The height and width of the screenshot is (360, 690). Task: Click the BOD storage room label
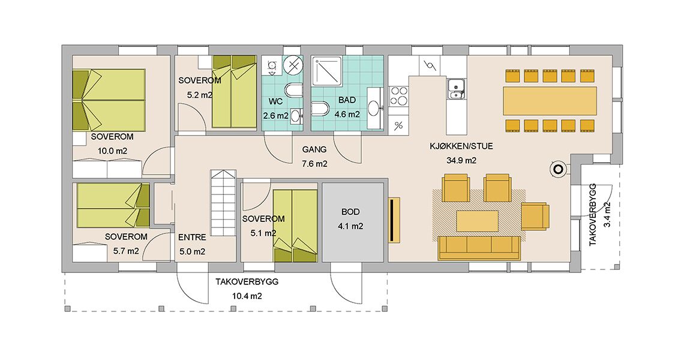click(x=350, y=212)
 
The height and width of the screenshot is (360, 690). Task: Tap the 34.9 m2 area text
click(x=461, y=161)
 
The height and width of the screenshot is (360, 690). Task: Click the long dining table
click(x=550, y=101)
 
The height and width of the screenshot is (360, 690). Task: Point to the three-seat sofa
click(x=479, y=248)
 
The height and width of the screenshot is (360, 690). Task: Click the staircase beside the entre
click(x=224, y=203)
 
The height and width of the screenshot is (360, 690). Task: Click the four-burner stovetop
click(x=398, y=96)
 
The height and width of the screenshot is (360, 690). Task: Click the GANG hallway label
click(x=314, y=149)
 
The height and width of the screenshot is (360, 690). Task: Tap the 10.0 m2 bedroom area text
click(x=112, y=151)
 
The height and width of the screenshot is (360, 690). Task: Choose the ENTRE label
click(x=193, y=238)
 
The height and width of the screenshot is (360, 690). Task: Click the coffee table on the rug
click(x=478, y=221)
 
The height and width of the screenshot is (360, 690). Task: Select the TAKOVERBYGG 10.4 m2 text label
click(x=247, y=289)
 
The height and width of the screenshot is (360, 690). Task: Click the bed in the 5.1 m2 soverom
click(x=295, y=226)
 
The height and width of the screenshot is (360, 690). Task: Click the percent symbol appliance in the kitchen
click(x=398, y=127)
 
